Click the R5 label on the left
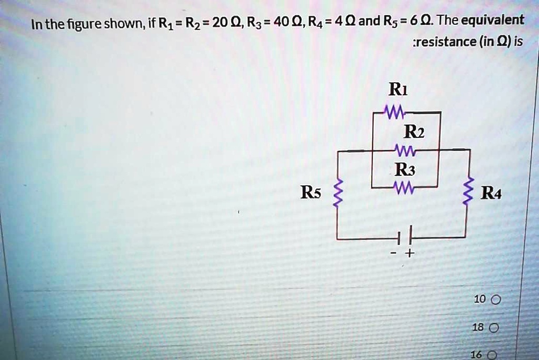pos(310,192)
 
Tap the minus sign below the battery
pos(394,254)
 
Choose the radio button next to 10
pos(495,300)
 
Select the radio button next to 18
pos(494,327)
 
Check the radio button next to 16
pos(492,355)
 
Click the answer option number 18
pos(477,327)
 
